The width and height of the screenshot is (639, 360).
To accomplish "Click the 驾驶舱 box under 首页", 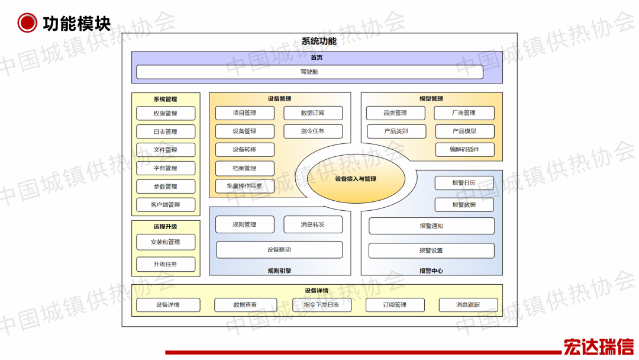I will pyautogui.click(x=309, y=72).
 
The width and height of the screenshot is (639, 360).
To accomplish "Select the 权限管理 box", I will pyautogui.click(x=166, y=113).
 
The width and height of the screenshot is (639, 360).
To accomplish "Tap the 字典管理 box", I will pyautogui.click(x=166, y=168).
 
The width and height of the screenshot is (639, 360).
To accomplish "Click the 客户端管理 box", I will pyautogui.click(x=166, y=205).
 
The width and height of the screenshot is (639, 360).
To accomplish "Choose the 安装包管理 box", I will pyautogui.click(x=166, y=242).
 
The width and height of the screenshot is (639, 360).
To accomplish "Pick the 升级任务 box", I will pyautogui.click(x=166, y=264).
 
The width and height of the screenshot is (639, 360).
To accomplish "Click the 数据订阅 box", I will pyautogui.click(x=313, y=113).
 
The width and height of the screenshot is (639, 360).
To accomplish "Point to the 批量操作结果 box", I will pyautogui.click(x=244, y=187).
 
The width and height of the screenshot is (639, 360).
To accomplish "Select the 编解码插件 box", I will pyautogui.click(x=464, y=150).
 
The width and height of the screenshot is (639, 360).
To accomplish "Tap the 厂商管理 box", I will pyautogui.click(x=464, y=113).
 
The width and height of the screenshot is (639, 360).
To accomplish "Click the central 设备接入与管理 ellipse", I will pyautogui.click(x=356, y=179).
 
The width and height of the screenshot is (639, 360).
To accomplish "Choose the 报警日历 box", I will pyautogui.click(x=464, y=183).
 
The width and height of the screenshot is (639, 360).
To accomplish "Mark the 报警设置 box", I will pyautogui.click(x=431, y=250).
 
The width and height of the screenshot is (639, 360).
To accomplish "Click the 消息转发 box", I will pyautogui.click(x=313, y=224).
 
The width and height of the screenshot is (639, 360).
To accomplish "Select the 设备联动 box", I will pyautogui.click(x=279, y=250).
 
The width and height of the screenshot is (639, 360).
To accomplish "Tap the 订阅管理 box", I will pyautogui.click(x=395, y=305).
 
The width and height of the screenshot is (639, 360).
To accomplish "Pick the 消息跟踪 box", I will pyautogui.click(x=468, y=305).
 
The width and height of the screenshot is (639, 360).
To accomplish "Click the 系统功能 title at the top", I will pyautogui.click(x=319, y=41).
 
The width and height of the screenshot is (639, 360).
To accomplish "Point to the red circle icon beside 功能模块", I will pyautogui.click(x=27, y=23).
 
